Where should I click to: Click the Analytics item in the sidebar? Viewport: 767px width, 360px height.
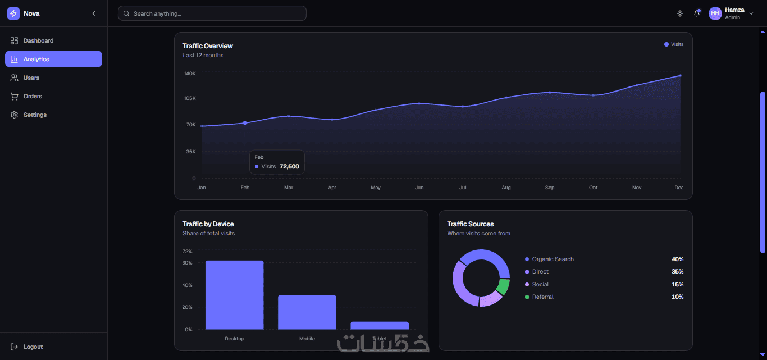[x=53, y=59]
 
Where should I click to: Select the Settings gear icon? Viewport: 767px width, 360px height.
[x=14, y=115]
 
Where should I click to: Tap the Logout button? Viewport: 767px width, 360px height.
[x=27, y=347]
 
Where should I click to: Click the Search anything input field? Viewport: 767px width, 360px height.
[x=212, y=13]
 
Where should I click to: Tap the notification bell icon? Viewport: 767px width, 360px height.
[x=697, y=13]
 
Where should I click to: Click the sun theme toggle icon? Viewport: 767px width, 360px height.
[x=680, y=13]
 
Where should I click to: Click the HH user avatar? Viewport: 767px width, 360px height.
[x=715, y=13]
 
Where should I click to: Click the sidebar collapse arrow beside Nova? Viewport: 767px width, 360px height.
[x=94, y=13]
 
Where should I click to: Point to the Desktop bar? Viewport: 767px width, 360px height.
[x=235, y=295]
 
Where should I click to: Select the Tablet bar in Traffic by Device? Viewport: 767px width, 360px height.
[x=380, y=325]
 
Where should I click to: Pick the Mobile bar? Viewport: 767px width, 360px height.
[x=307, y=312]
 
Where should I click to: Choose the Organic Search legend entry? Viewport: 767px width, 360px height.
[x=549, y=259]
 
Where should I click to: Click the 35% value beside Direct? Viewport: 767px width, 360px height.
[x=677, y=272]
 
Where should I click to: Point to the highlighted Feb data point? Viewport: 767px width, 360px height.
[x=245, y=123]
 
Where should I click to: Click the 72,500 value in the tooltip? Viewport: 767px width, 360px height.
[x=289, y=166]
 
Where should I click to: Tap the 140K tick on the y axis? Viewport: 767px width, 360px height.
[x=190, y=74]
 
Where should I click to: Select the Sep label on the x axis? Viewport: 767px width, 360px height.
[x=550, y=188]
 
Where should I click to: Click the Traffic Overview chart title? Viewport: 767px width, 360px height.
[x=208, y=46]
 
